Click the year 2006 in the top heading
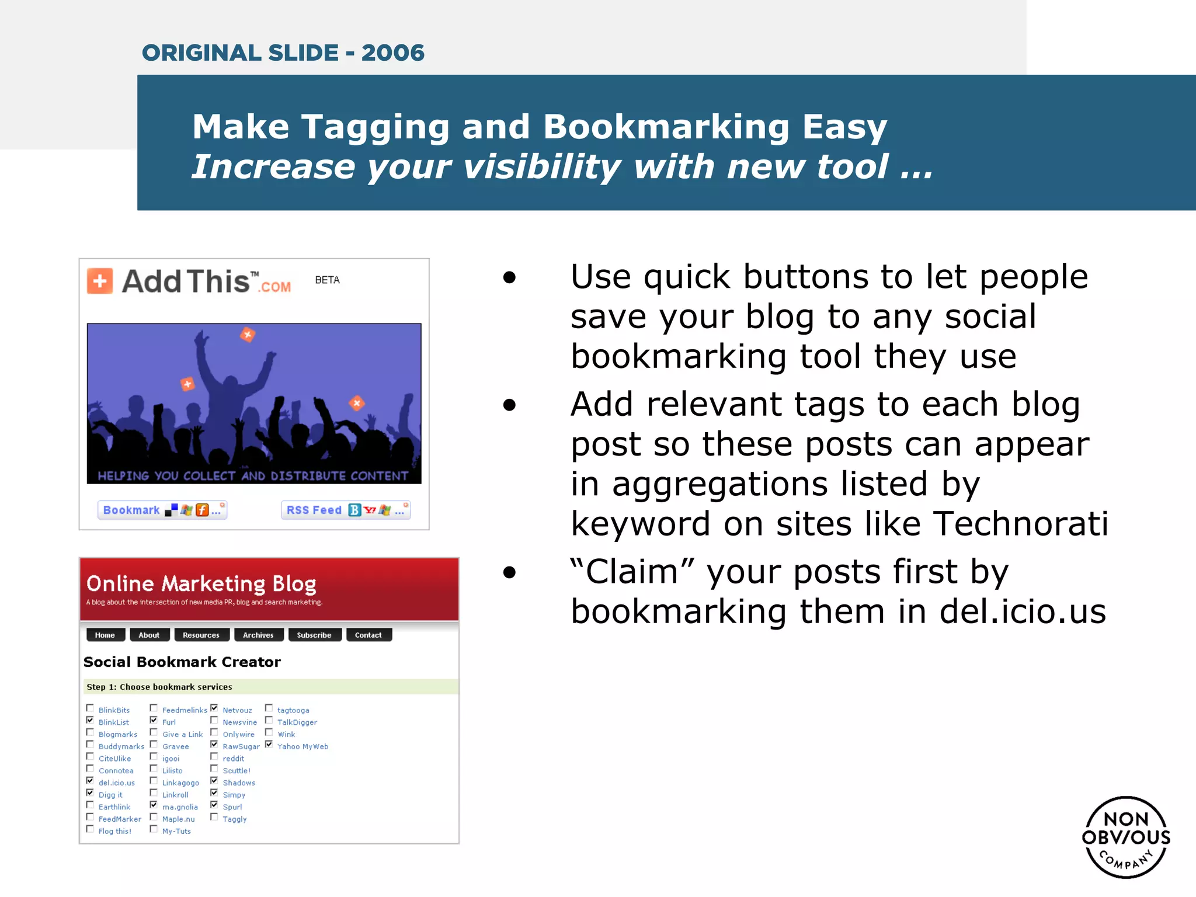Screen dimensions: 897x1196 (392, 53)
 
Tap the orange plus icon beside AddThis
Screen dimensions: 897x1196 (100, 281)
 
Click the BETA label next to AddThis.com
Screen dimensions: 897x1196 (327, 280)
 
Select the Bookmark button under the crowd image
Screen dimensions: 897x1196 (162, 510)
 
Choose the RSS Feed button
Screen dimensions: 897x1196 (346, 510)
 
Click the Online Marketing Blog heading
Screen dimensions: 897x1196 (201, 583)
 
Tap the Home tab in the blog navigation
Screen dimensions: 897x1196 (105, 635)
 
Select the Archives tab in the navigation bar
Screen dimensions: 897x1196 (258, 635)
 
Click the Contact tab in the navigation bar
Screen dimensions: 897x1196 (368, 635)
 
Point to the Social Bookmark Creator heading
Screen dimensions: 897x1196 (182, 662)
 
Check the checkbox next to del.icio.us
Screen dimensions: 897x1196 (90, 781)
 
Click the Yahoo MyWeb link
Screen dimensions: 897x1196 (303, 746)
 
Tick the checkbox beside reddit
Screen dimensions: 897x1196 (214, 757)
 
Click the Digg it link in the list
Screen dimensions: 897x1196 (110, 795)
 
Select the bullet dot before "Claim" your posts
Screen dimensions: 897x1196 (510, 572)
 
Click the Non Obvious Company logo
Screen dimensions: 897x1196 (1126, 837)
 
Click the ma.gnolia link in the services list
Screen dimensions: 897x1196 (180, 807)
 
